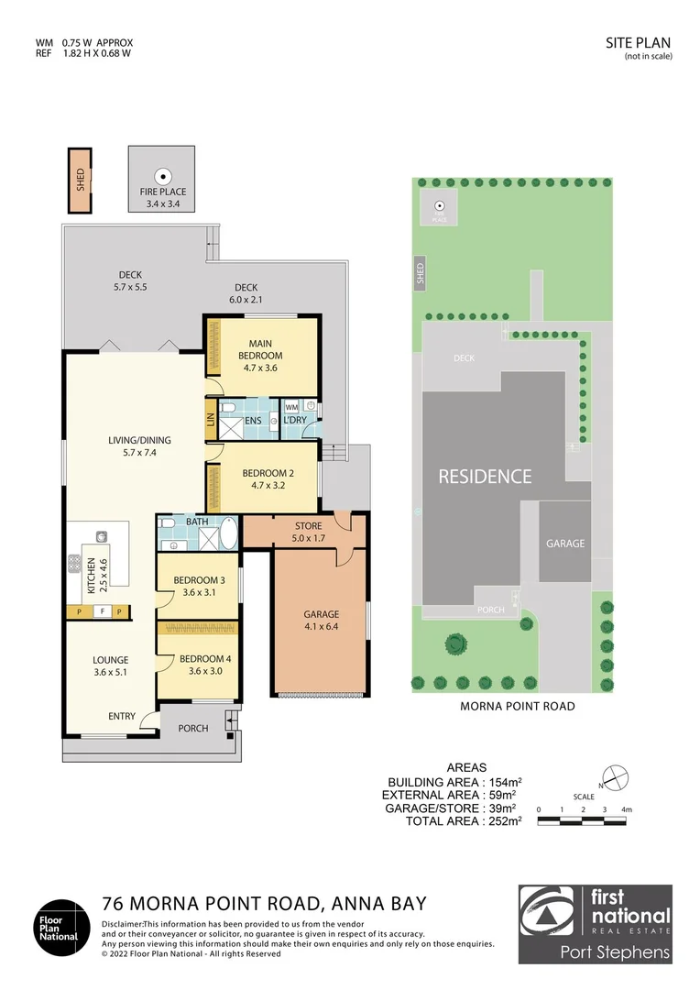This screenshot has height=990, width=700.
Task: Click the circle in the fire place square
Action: click(163, 177)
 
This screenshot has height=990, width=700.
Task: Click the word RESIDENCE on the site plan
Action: click(484, 477)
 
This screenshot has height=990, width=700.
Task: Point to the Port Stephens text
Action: click(615, 952)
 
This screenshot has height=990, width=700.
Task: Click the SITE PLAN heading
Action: click(640, 42)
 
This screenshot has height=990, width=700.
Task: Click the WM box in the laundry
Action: click(291, 406)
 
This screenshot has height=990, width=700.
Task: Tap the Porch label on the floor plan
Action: click(193, 729)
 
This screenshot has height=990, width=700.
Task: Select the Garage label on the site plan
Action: click(565, 544)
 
